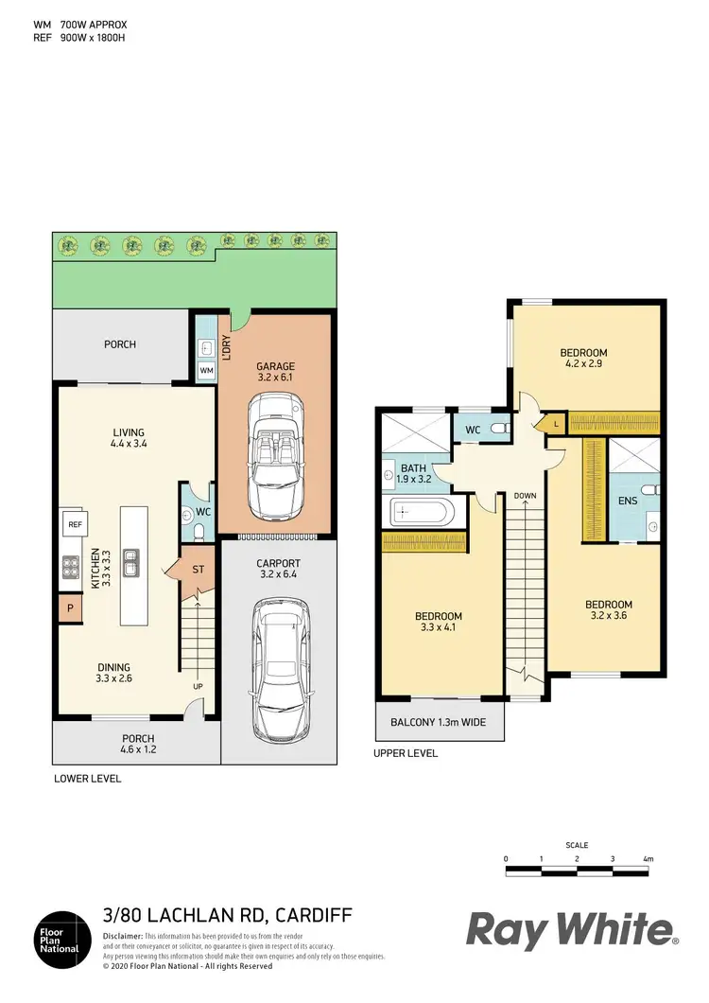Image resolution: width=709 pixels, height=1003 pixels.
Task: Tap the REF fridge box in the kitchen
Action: [x=74, y=523]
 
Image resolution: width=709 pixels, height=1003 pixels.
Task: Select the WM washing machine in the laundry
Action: [x=206, y=371]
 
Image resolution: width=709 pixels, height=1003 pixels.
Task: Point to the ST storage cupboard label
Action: [x=198, y=570]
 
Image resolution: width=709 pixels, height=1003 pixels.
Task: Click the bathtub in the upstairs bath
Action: [x=423, y=513]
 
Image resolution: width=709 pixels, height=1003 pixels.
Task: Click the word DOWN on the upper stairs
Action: [x=526, y=495]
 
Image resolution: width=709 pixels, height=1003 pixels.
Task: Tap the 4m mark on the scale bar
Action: [x=648, y=858]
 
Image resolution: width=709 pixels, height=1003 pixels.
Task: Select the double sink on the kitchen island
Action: [x=132, y=563]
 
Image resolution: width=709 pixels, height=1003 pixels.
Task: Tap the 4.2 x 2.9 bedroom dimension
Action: [x=584, y=363]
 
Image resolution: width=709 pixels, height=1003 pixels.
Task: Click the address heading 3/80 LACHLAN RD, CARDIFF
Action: [x=227, y=915]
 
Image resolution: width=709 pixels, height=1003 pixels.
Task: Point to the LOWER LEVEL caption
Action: [x=87, y=779]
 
